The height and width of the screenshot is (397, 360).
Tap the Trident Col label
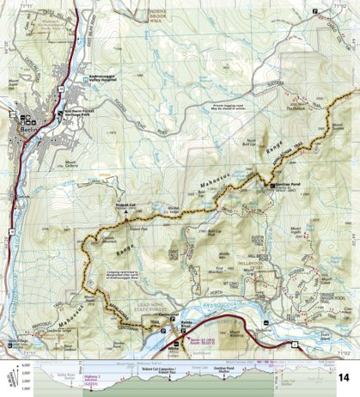[127, 205]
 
